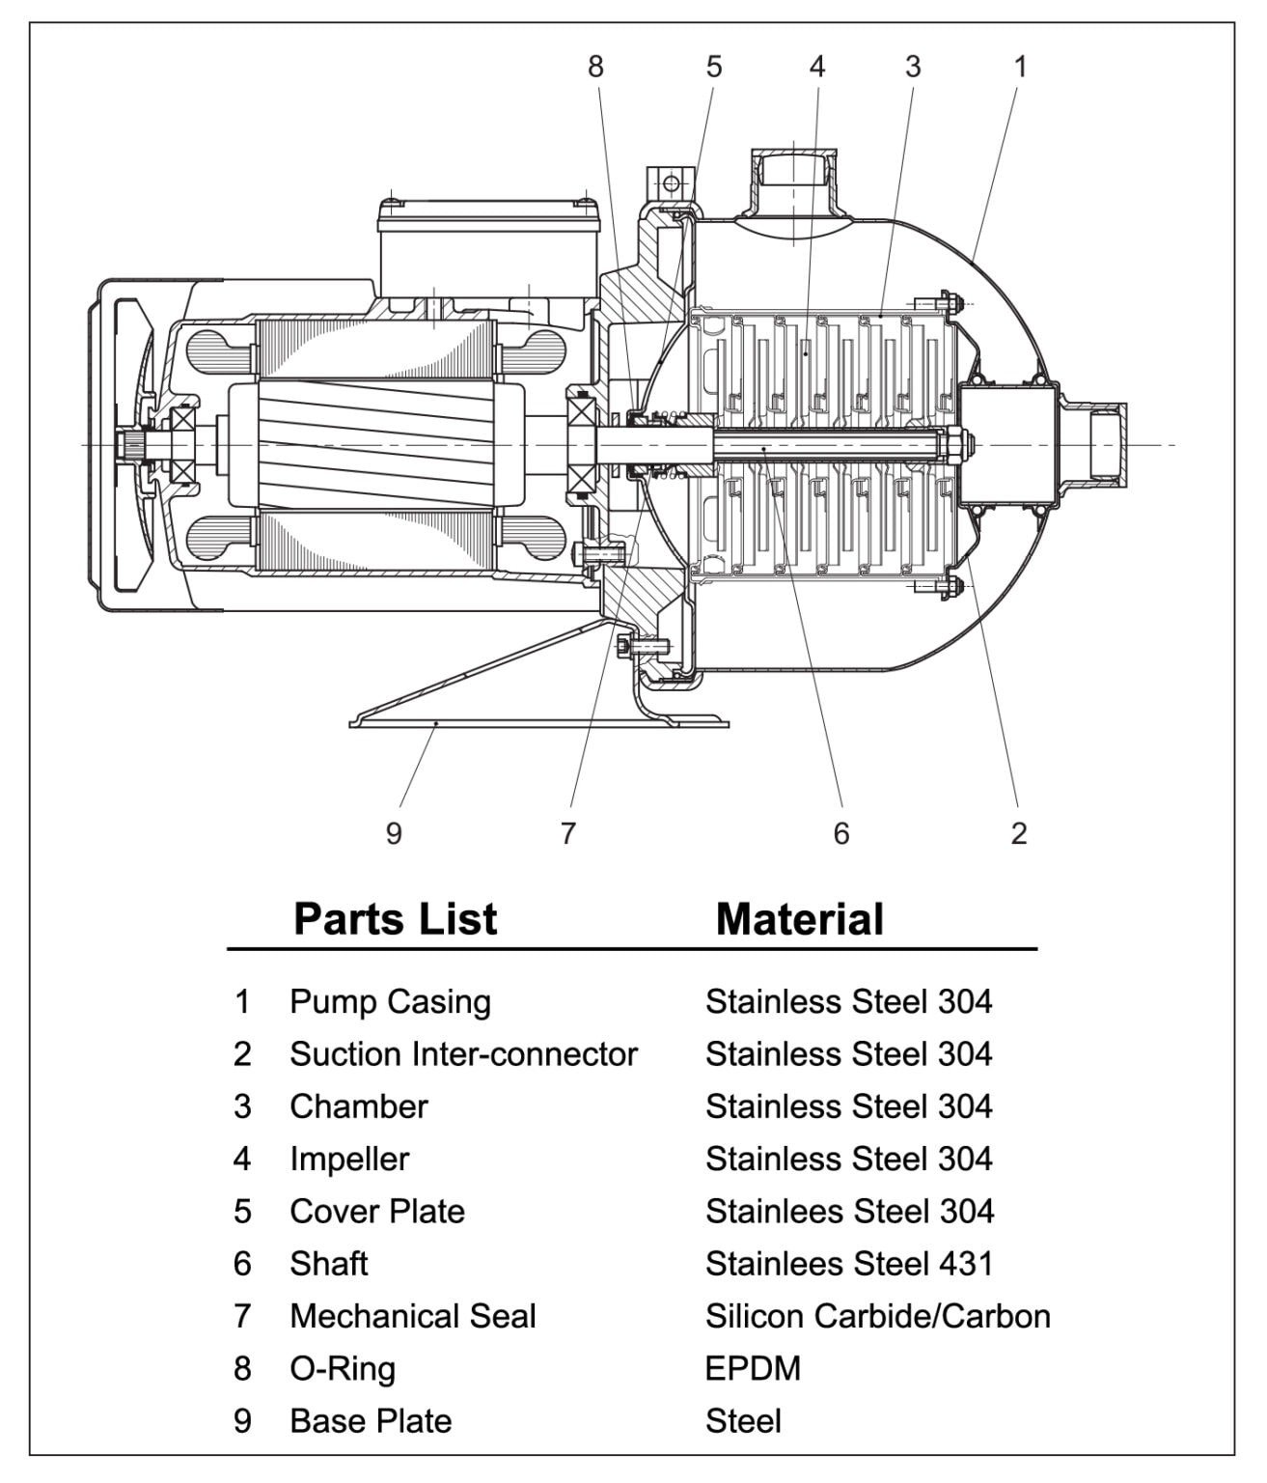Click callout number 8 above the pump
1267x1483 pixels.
pos(595,67)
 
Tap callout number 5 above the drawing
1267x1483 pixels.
pos(713,67)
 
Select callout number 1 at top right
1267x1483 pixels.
pos(1020,67)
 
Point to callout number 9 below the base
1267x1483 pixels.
pos(393,832)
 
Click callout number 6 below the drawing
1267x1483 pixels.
pos(841,832)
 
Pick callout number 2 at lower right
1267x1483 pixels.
pos(1019,832)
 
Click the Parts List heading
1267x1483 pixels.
pos(395,918)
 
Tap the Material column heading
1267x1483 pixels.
pos(799,919)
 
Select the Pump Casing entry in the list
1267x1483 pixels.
pos(390,1001)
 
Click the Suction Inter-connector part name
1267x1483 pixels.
pos(463,1053)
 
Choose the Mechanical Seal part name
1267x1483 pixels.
pos(412,1316)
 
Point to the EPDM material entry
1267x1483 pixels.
pos(753,1368)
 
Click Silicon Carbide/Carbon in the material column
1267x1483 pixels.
pos(877,1316)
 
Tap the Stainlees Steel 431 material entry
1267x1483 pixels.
pos(848,1263)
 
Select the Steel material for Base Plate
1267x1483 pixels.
pos(743,1420)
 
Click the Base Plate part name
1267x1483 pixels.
pos(371,1420)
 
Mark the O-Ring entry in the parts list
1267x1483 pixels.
pos(343,1368)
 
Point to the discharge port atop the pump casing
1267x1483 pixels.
pos(793,179)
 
